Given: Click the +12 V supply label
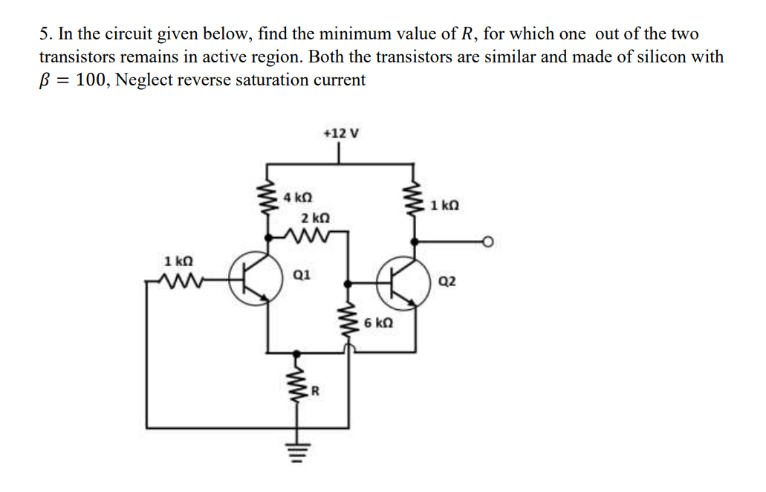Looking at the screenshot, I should pos(341,134).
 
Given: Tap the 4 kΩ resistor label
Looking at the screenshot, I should pos(298,198).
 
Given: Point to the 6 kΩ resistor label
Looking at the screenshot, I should pos(379,324).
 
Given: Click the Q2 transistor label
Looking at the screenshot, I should pos(448,281).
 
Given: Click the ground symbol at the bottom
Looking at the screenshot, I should pos(299,452).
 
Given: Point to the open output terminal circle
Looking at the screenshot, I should pos(489,241).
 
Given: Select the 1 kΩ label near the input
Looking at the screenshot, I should pos(178,261).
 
